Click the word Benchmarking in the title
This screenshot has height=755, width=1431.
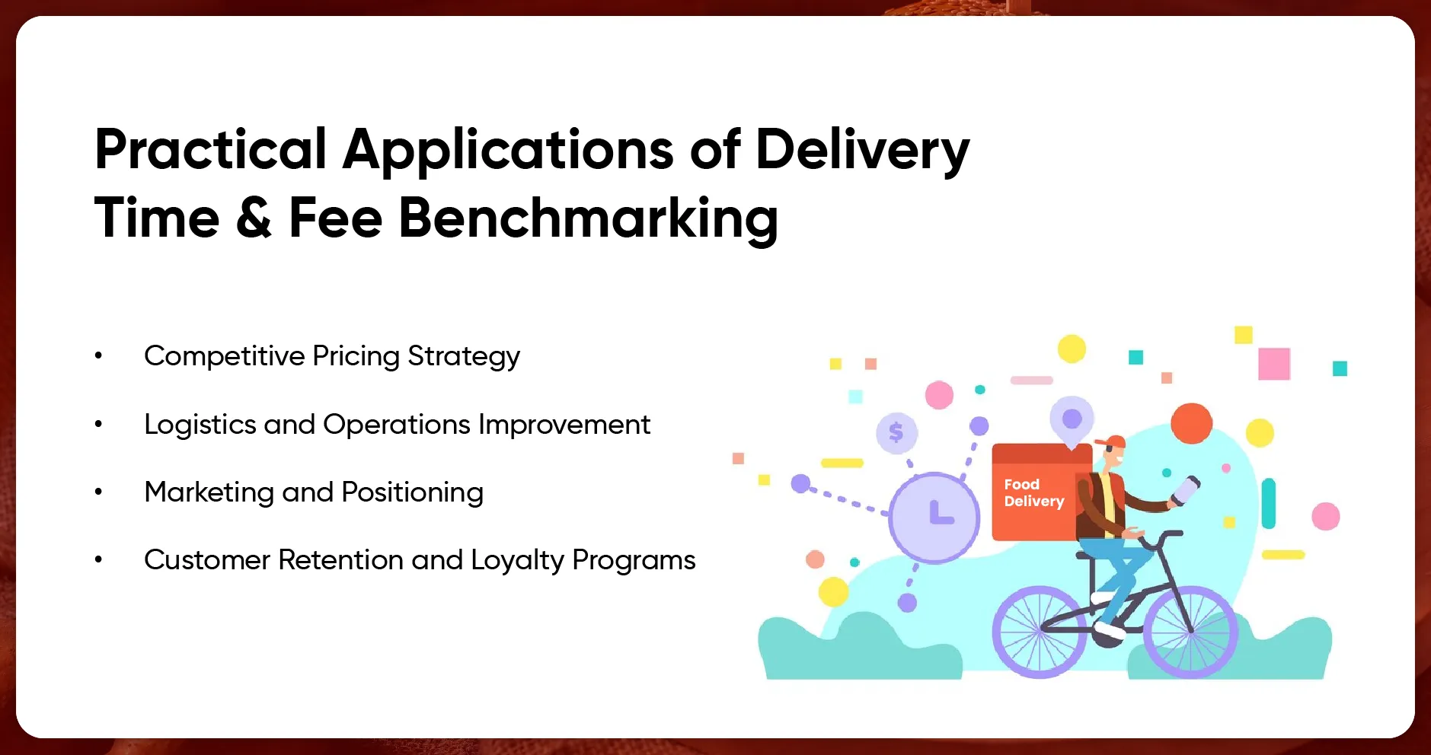[x=588, y=218]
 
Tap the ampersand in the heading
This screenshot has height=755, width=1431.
[x=254, y=218]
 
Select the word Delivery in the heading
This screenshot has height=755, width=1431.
[x=862, y=149]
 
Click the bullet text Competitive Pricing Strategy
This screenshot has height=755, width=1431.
[x=331, y=356]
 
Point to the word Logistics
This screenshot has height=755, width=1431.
[x=200, y=425]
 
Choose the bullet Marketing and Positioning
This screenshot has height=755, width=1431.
[x=313, y=492]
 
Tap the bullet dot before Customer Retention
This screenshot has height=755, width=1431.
[x=98, y=560]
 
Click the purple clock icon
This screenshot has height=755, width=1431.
[x=934, y=517]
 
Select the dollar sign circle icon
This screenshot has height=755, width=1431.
[x=896, y=433]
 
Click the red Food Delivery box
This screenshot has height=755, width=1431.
[x=1033, y=493]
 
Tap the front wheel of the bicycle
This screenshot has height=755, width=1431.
[x=1190, y=632]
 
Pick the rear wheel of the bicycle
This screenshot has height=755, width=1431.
[x=1040, y=632]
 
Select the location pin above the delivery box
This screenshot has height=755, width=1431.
[x=1072, y=420]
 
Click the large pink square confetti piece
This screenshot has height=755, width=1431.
[x=1273, y=364]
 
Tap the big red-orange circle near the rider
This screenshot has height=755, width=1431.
[x=1191, y=424]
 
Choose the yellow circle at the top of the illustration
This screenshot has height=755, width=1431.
[x=1072, y=349]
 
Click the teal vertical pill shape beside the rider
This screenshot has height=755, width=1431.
[x=1268, y=503]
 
